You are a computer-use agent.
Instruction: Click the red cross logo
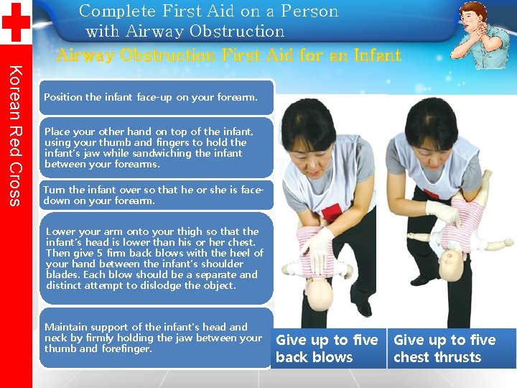click(x=15, y=22)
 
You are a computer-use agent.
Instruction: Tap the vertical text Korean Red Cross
click(x=15, y=135)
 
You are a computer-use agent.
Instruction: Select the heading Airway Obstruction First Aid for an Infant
click(x=228, y=55)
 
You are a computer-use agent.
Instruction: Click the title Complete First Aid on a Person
click(x=208, y=11)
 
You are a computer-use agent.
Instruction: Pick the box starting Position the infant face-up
click(x=157, y=97)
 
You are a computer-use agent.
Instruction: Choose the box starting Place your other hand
click(x=157, y=148)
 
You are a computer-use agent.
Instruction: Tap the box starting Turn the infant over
click(x=157, y=195)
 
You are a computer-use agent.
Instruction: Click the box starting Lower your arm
click(x=157, y=259)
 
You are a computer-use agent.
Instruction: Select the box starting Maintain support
click(x=157, y=338)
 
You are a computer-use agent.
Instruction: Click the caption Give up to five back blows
click(x=327, y=348)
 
